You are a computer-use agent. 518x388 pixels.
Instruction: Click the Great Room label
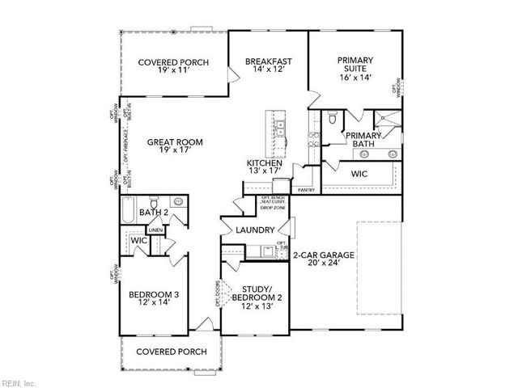coord(175,142)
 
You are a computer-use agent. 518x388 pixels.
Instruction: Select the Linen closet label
coord(156,230)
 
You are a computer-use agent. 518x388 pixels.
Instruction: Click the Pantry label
coord(306,190)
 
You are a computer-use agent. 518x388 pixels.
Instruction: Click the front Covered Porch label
coord(171,352)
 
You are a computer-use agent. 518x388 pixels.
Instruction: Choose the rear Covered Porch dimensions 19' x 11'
coord(173,72)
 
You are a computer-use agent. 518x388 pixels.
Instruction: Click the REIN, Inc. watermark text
coord(18,381)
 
